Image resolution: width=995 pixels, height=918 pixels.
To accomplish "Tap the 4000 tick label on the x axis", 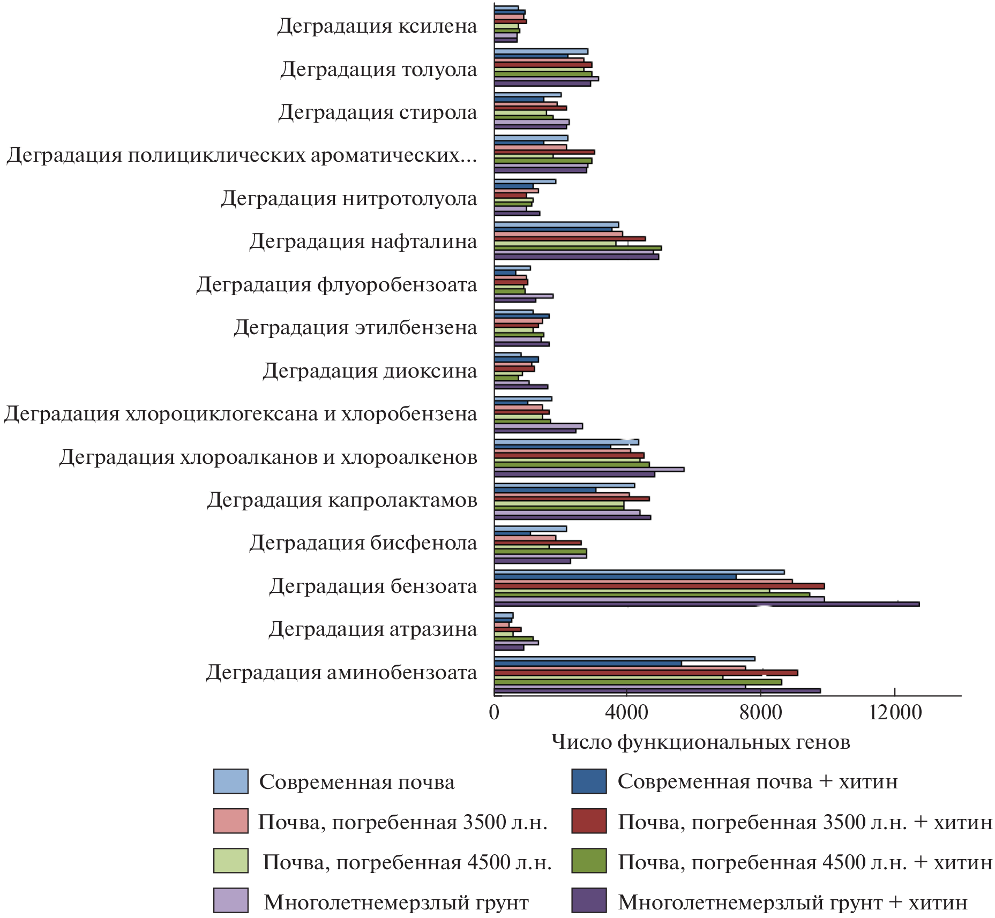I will point(626,713).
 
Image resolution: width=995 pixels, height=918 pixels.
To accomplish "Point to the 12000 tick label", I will point(894,713).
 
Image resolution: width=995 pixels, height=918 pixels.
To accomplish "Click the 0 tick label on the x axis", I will point(494,713).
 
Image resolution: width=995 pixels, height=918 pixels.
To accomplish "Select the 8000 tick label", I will point(760,713).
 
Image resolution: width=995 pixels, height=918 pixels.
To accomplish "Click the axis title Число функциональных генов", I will point(700,742).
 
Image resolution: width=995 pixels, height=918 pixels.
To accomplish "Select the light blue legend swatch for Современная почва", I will point(230,781).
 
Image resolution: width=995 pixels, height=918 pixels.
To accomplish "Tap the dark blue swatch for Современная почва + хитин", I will point(589,781).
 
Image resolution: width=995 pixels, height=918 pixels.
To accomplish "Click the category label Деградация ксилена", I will point(377,26).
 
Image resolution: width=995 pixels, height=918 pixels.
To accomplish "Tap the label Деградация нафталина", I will point(363,242).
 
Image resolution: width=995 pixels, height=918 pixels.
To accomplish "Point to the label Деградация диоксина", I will point(369,371).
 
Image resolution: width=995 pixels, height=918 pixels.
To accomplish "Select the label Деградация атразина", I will point(372,629).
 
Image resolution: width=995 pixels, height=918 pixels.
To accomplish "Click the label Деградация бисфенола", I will point(363,543).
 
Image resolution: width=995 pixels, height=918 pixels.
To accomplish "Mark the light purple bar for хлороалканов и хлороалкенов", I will point(589,469).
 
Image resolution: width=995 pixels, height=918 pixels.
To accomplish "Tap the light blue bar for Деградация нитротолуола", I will point(525,181).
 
